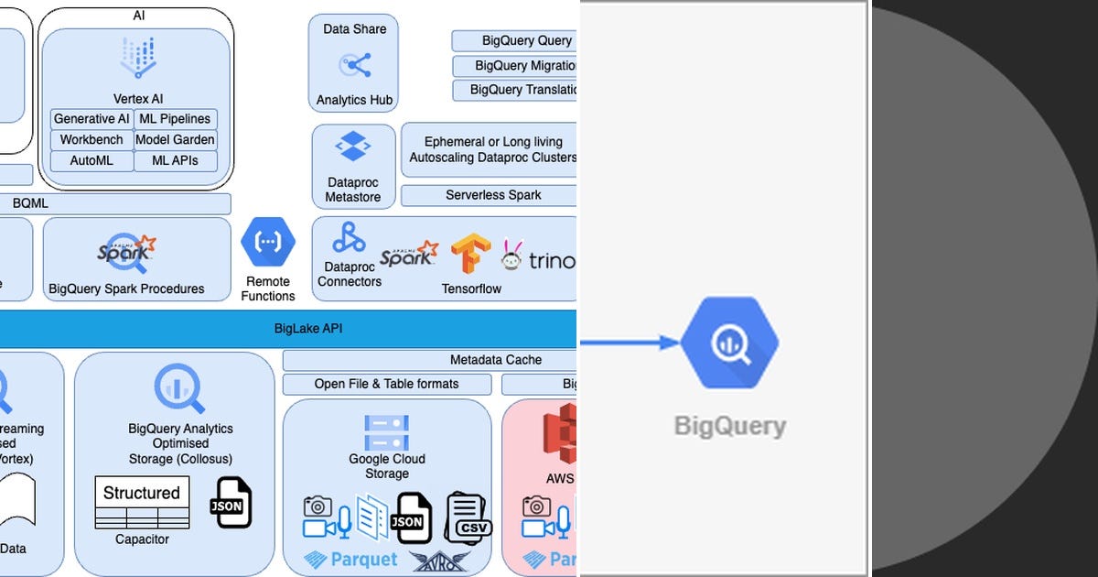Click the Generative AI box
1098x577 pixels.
coord(91,119)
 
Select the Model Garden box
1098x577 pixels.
coord(176,140)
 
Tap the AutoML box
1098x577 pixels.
coord(91,161)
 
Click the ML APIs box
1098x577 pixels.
coord(176,161)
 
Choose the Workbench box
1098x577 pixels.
coord(91,140)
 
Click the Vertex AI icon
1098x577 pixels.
coord(137,58)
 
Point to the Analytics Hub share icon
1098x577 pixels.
coord(354,65)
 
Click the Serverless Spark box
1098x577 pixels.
coord(492,195)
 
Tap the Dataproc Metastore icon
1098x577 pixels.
coord(352,147)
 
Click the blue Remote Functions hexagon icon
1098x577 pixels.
coord(268,243)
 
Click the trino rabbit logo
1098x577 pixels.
coord(511,256)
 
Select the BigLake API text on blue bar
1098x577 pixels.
coord(308,329)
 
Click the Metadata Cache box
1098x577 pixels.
coord(495,360)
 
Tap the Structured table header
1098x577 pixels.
coord(142,493)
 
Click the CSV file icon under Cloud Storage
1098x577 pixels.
coord(468,517)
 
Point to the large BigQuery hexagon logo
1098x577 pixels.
coord(730,343)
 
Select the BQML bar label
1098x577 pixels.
coord(30,204)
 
